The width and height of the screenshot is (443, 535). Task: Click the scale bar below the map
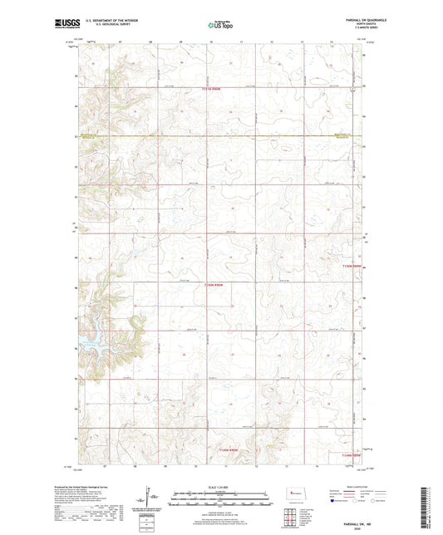point(220,503)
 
